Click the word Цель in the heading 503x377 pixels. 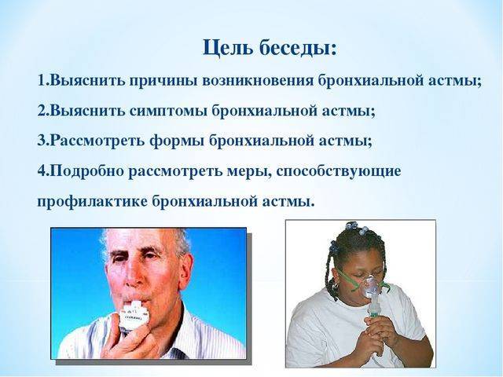[x=227, y=48]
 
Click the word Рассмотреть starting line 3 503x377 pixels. [x=97, y=141]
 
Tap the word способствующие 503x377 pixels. [x=339, y=172]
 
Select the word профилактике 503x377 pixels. [x=93, y=202]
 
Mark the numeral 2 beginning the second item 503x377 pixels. [x=42, y=111]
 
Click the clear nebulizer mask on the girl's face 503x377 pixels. [x=372, y=284]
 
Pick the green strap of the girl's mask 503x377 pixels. [x=347, y=278]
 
